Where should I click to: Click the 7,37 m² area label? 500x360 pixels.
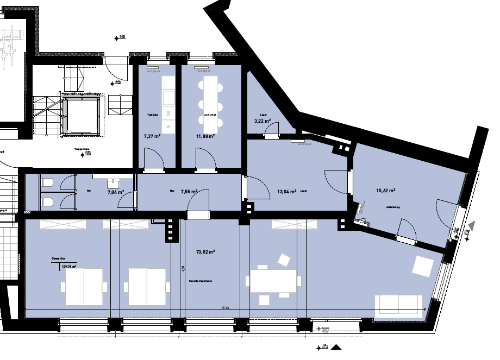pyautogui.click(x=152, y=136)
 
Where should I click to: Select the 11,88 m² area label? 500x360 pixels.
pyautogui.click(x=205, y=136)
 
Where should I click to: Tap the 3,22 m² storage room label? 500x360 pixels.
pyautogui.click(x=262, y=122)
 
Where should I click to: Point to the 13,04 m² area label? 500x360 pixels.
pyautogui.click(x=286, y=191)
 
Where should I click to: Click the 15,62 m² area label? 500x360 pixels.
pyautogui.click(x=385, y=191)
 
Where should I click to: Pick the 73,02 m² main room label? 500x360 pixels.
pyautogui.click(x=205, y=252)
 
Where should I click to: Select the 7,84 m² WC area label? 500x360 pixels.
pyautogui.click(x=115, y=192)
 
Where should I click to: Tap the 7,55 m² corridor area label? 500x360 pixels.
pyautogui.click(x=189, y=191)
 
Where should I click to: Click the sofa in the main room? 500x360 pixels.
pyautogui.click(x=398, y=306)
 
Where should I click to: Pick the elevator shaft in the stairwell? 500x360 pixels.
pyautogui.click(x=82, y=115)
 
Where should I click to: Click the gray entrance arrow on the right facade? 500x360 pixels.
pyautogui.click(x=472, y=225)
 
